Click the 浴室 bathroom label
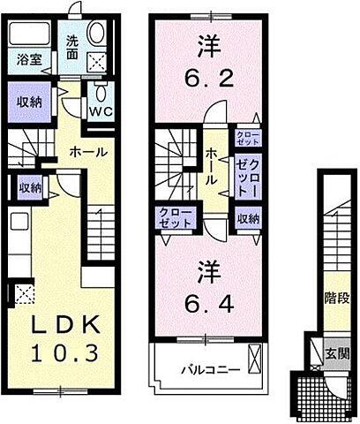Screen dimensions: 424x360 (x=28, y=60)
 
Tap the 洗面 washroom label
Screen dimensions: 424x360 (x=74, y=47)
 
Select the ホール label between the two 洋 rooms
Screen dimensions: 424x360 (x=213, y=166)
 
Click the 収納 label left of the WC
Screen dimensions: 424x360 (x=30, y=101)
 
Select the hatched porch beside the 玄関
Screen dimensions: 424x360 (x=309, y=386)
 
